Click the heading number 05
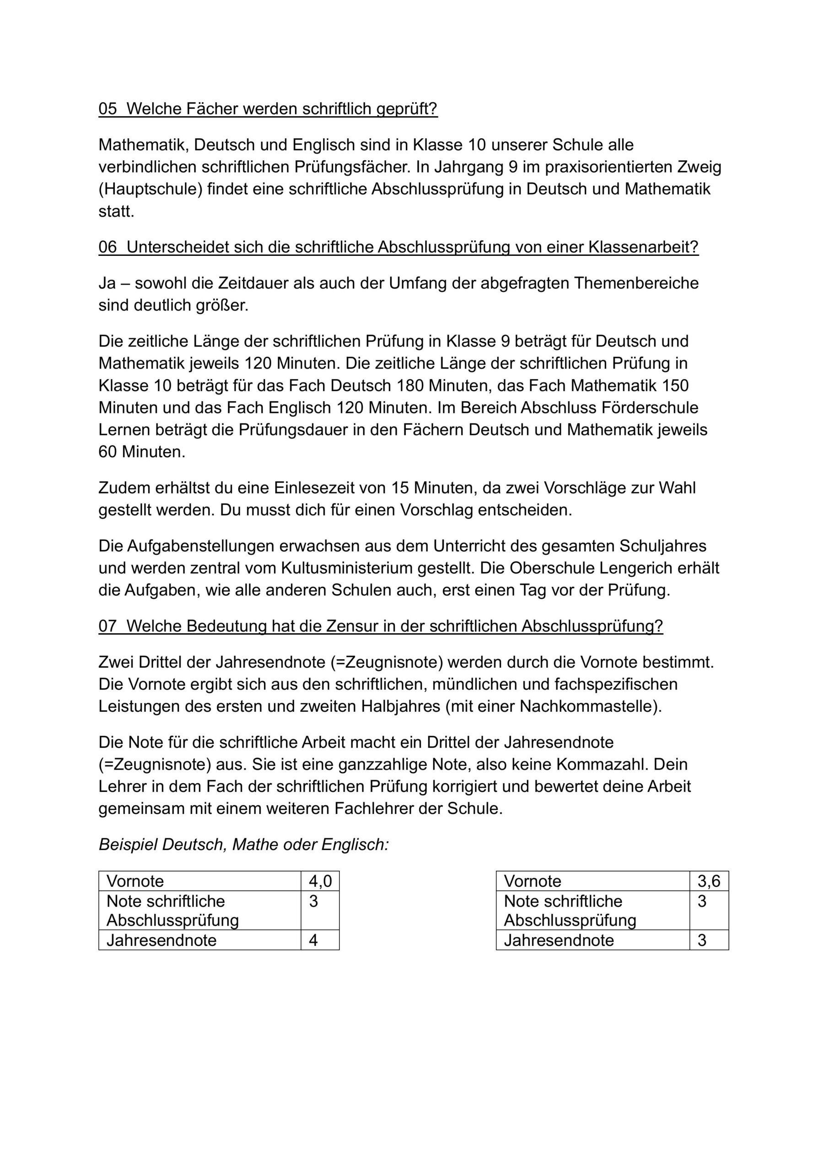coord(108,109)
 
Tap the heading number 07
coord(108,626)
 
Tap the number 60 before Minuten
coord(108,452)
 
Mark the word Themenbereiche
coord(636,283)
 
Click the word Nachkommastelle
coord(588,706)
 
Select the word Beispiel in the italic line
coord(128,845)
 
